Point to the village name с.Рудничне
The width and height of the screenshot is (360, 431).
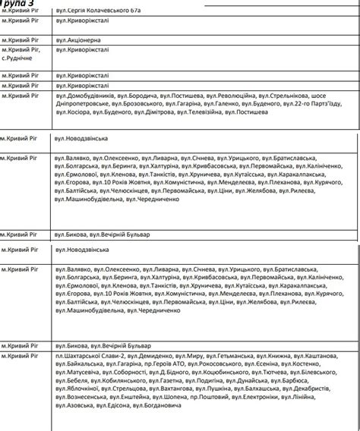(17, 58)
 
